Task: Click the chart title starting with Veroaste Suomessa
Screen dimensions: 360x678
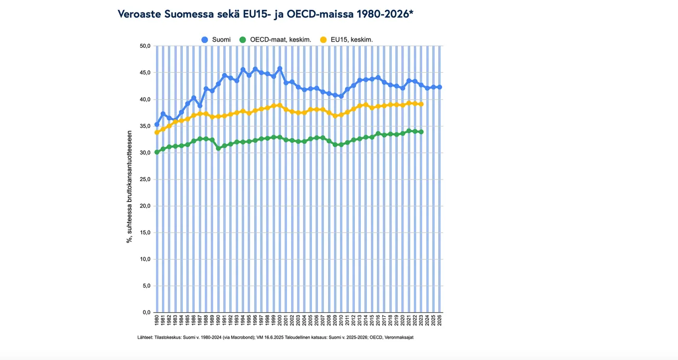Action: click(266, 14)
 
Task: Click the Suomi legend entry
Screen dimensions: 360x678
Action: click(217, 40)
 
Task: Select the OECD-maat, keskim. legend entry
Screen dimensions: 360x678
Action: click(275, 40)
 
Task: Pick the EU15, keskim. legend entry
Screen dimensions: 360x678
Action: click(346, 40)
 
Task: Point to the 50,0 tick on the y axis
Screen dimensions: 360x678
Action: click(145, 46)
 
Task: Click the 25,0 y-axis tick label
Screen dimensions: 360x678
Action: click(145, 179)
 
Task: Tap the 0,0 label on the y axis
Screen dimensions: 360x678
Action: click(146, 313)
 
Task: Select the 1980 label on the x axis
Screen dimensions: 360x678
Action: click(157, 320)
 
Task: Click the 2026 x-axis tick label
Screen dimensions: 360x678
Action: click(440, 320)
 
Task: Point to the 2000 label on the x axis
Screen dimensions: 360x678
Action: click(280, 320)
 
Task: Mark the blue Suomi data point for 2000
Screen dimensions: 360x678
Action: click(280, 69)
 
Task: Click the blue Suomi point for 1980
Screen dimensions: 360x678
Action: click(157, 124)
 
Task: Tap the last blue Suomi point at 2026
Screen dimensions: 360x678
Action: click(440, 87)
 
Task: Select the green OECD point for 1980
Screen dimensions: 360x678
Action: click(157, 152)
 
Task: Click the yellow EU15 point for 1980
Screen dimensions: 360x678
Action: click(157, 133)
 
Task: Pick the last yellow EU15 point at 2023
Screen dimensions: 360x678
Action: click(421, 104)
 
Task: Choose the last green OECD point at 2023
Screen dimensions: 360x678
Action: click(421, 132)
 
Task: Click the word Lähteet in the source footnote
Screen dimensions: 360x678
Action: click(146, 337)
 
